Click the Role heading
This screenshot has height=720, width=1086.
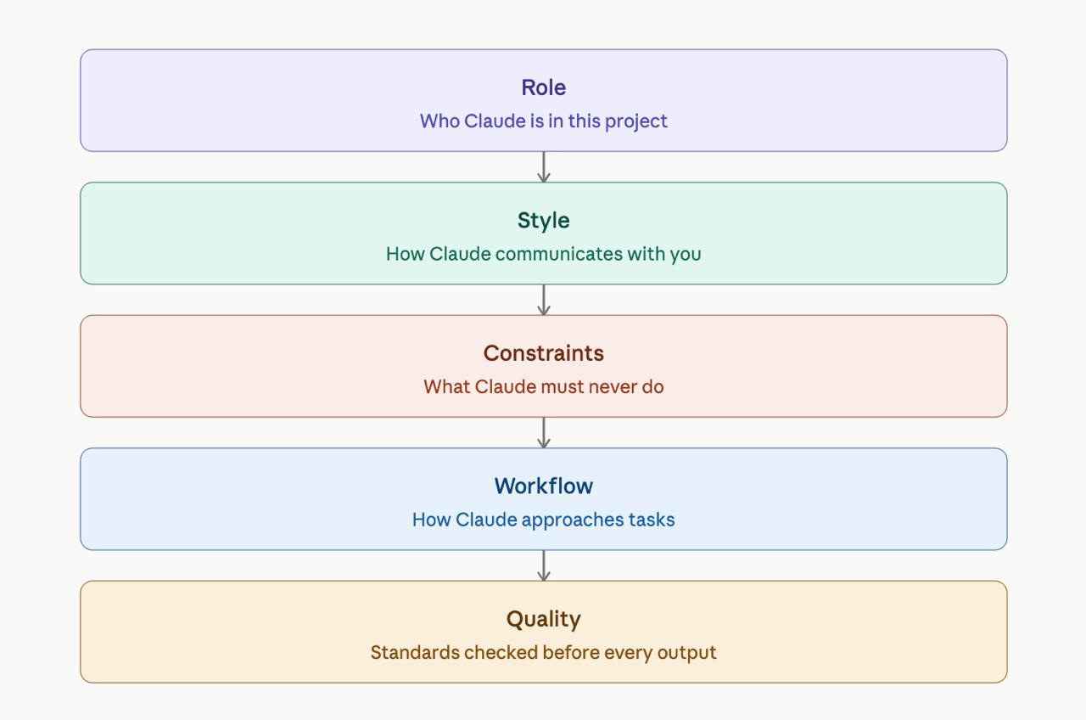544,87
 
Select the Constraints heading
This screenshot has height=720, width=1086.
544,353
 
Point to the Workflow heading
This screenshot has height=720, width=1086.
544,487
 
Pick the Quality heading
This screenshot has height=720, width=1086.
544,620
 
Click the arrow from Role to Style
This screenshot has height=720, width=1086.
544,167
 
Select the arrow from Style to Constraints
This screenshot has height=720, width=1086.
544,300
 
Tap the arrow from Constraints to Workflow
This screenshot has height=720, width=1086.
544,433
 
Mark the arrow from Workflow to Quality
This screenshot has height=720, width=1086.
544,565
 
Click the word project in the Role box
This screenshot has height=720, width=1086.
636,121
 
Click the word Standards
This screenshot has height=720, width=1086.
415,653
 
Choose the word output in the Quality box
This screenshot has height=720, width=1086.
687,654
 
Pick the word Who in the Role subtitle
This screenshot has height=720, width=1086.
439,121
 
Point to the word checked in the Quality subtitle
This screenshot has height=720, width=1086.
501,653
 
